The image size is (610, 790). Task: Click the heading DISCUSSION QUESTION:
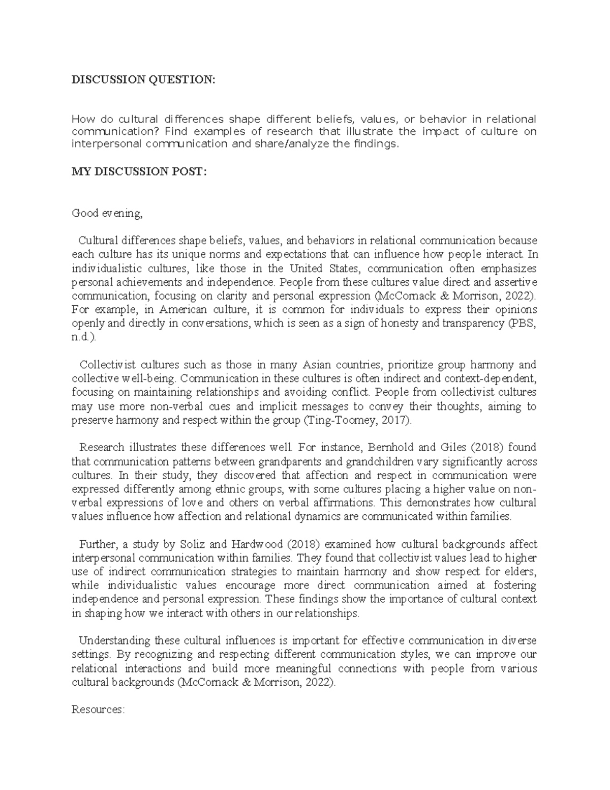pyautogui.click(x=143, y=80)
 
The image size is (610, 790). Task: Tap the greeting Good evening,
pyautogui.click(x=107, y=213)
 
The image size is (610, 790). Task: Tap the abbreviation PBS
pyautogui.click(x=525, y=323)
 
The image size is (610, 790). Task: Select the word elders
pyautogui.click(x=520, y=572)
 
